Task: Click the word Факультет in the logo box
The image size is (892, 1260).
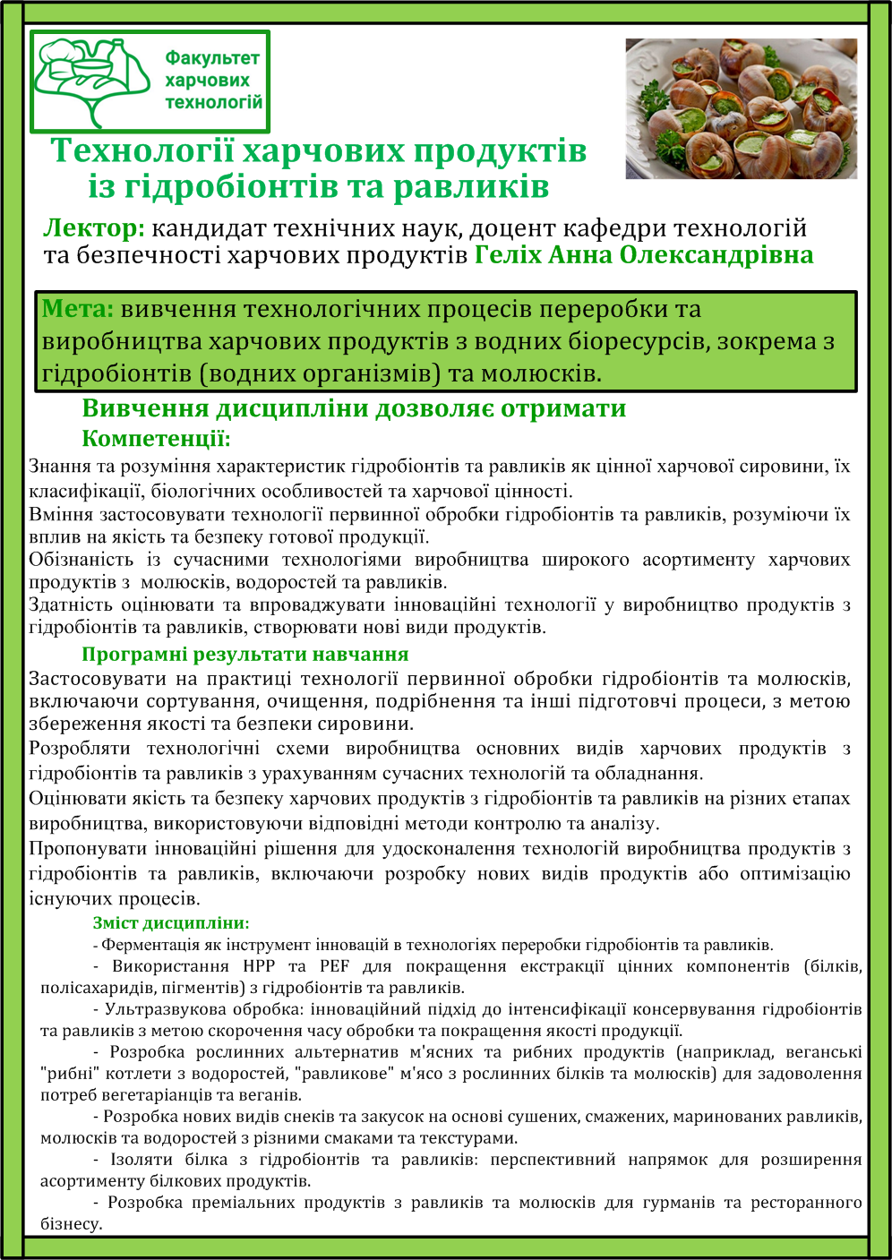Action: click(212, 58)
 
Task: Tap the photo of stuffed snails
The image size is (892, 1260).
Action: click(741, 107)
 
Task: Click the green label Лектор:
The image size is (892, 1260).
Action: click(93, 228)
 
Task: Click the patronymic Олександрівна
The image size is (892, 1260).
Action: click(716, 255)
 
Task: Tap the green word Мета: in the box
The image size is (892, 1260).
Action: click(77, 310)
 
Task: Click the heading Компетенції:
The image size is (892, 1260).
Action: click(156, 439)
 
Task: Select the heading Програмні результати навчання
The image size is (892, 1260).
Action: click(244, 654)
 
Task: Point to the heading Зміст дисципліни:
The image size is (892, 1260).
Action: click(171, 922)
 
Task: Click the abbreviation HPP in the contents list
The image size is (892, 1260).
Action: click(260, 966)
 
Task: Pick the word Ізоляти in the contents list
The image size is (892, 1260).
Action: click(142, 1160)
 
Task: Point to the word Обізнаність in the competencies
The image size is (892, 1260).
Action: click(80, 560)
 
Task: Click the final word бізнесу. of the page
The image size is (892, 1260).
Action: click(72, 1224)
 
